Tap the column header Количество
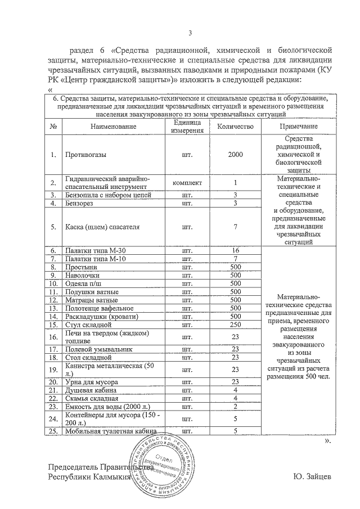click(x=236, y=127)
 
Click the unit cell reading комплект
click(x=184, y=183)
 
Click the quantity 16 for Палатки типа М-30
click(x=236, y=250)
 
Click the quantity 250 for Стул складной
click(x=236, y=325)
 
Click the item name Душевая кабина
click(x=91, y=390)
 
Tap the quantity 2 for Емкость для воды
click(x=236, y=406)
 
